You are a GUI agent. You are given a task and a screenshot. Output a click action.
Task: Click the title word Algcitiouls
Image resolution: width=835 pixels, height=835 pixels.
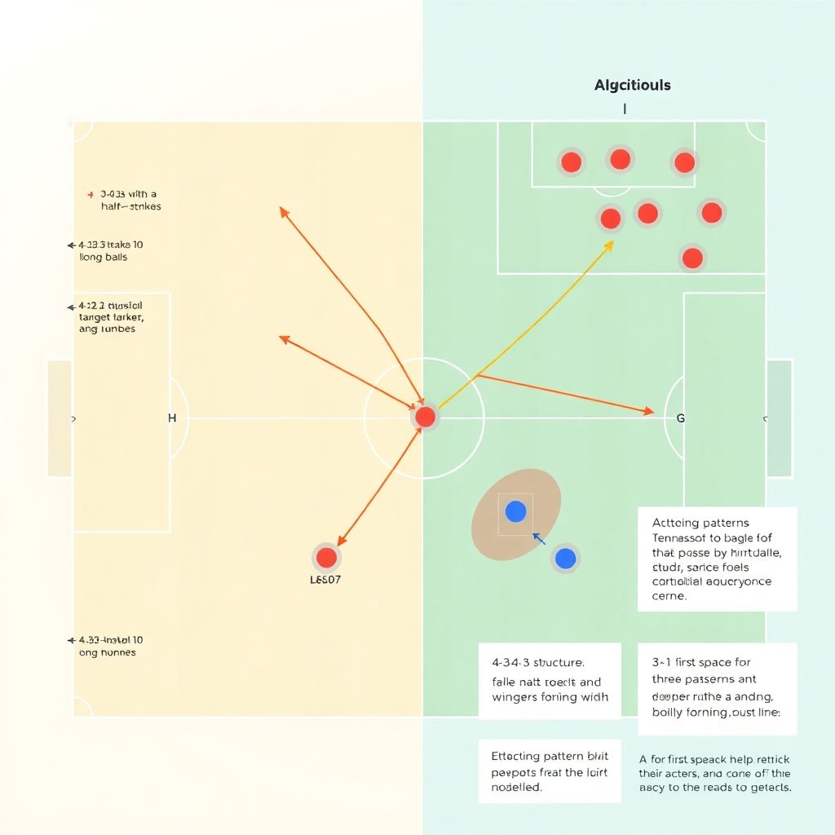[x=633, y=85]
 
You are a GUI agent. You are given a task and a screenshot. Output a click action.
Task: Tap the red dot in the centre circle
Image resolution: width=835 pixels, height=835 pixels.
[x=425, y=417]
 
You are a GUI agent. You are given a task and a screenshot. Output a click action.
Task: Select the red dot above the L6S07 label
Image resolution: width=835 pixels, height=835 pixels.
[x=326, y=558]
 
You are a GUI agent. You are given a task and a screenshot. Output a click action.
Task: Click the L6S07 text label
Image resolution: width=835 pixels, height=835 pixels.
[x=325, y=581]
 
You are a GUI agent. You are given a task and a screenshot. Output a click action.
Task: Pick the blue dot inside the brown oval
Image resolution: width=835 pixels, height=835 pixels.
[x=515, y=511]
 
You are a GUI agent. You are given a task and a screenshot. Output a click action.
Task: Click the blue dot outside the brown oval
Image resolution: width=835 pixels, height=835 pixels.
[x=565, y=559]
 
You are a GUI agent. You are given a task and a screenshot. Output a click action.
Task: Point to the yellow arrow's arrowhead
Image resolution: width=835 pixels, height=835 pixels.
[x=610, y=243]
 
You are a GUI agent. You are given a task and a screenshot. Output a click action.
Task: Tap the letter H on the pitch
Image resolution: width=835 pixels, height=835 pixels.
[x=172, y=418]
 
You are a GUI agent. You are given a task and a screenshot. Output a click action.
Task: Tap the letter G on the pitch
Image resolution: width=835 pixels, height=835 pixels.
[x=681, y=418]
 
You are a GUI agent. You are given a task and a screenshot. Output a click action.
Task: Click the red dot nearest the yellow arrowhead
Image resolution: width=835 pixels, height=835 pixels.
[x=610, y=218]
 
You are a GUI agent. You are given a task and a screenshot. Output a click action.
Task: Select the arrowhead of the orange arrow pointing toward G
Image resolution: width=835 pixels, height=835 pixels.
[x=650, y=411]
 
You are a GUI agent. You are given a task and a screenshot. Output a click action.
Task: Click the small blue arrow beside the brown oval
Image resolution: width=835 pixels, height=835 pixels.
[x=538, y=538]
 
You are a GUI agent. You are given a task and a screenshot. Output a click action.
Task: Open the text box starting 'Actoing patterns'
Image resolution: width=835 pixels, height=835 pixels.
[x=717, y=559]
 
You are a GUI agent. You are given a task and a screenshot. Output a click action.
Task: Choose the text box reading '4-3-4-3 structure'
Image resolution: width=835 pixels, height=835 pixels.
[x=550, y=680]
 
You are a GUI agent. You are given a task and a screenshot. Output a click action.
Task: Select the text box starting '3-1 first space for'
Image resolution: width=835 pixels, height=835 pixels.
[x=717, y=687]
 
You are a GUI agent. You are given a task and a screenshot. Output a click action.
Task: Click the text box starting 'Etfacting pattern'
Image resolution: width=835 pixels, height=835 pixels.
[x=549, y=771]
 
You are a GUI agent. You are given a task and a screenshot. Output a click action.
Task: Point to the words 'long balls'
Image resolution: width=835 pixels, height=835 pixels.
[x=104, y=258]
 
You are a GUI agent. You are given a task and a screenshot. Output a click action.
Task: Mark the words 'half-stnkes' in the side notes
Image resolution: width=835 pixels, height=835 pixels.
[x=126, y=206]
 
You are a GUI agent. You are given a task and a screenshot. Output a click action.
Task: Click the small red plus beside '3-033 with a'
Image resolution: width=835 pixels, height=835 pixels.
[x=91, y=195]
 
